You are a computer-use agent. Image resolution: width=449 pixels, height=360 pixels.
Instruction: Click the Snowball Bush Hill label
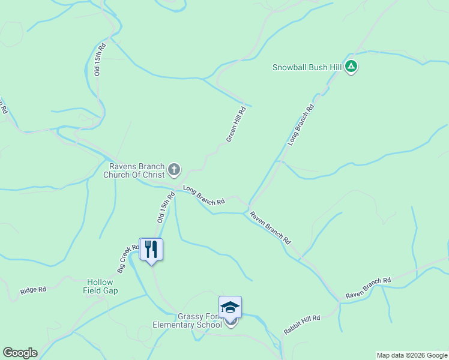pos(307,67)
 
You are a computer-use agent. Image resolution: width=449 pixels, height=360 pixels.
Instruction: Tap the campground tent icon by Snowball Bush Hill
pos(352,67)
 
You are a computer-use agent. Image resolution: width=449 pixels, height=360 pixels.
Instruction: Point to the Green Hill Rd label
pos(237,124)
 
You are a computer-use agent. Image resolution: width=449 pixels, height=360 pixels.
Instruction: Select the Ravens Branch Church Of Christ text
pos(134,171)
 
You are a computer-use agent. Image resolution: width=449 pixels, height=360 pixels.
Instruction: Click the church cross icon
pos(174,170)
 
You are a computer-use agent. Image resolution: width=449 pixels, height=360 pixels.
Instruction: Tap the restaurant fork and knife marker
pos(151,249)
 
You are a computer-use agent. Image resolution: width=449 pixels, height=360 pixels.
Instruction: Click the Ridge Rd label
pos(33,290)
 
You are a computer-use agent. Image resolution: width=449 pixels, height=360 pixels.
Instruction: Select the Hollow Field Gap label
pos(101,286)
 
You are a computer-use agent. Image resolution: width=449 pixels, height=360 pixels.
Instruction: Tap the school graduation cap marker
pos(230,307)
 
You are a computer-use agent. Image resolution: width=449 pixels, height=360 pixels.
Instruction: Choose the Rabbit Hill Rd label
pos(302,325)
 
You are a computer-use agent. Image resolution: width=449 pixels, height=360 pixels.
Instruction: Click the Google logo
pos(20,353)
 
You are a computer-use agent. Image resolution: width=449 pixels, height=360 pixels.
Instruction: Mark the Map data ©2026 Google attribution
pos(411,355)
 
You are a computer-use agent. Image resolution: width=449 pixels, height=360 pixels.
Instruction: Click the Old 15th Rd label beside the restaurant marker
pos(166,207)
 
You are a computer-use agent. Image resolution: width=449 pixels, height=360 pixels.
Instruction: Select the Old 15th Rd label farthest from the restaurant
pos(100,59)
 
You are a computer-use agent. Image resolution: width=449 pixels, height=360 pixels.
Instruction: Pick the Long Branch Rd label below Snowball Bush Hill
pos(301,125)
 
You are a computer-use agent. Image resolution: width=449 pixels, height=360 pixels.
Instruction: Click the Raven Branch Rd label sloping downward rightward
pos(270,227)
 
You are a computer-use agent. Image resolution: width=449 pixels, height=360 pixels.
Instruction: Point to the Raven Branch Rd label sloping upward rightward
pos(368,289)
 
